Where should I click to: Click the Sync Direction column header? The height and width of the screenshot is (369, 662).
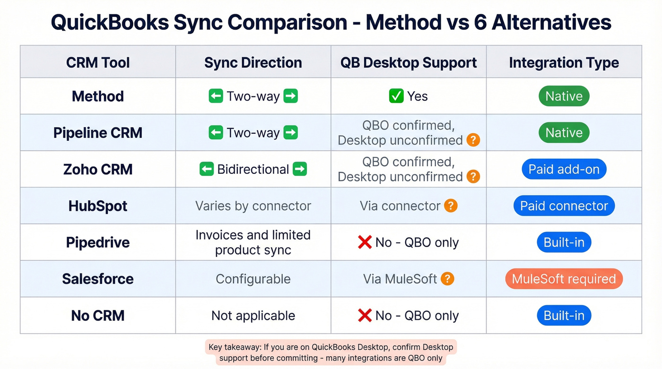coord(253,62)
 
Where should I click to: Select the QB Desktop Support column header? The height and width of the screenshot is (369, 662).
coord(409,62)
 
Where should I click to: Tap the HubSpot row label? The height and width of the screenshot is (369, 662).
coord(98,206)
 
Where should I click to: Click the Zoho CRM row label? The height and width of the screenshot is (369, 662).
coord(98,169)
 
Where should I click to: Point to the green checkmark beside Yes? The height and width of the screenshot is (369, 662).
coord(396,96)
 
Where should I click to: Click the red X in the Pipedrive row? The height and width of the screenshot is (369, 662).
coord(365,242)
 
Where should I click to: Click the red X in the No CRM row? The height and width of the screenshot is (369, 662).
coord(365,316)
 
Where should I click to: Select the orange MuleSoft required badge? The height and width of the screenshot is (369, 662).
coord(564,279)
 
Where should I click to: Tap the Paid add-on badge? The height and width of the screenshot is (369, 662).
coord(564,169)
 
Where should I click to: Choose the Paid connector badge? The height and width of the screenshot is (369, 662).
coord(564,206)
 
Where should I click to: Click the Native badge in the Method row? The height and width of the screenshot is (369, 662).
coord(564,96)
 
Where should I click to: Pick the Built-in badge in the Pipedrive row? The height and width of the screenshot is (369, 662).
coord(564,242)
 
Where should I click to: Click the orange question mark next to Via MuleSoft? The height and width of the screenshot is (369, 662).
coord(447,279)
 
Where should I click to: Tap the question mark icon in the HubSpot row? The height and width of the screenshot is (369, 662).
coord(451,206)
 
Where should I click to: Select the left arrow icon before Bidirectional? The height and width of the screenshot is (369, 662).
coord(207,169)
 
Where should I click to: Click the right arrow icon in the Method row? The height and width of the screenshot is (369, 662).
coord(290,96)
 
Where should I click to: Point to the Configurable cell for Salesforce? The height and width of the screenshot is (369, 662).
coord(253,279)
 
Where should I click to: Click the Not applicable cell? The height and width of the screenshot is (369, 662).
coord(253,316)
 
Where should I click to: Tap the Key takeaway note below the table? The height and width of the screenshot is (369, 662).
coord(331,352)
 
